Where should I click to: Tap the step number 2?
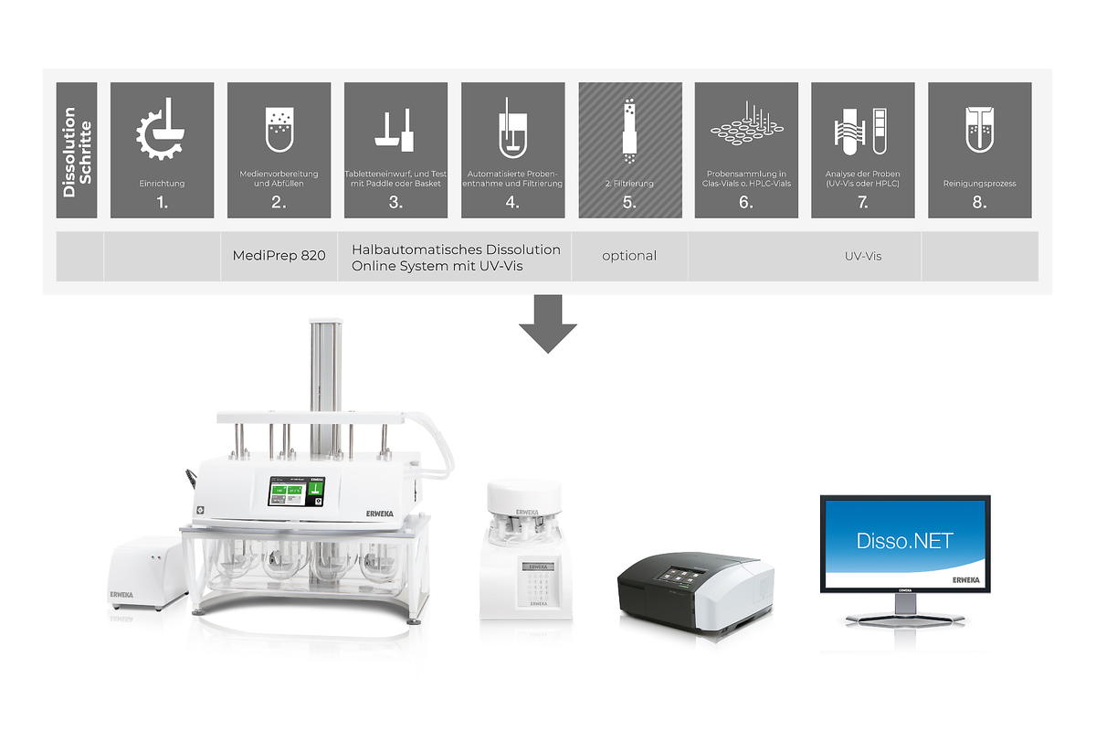(279, 203)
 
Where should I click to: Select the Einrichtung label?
(162, 184)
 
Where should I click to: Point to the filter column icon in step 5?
(629, 128)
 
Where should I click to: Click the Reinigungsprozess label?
(979, 184)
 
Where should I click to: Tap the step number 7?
(863, 203)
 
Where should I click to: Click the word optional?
(629, 256)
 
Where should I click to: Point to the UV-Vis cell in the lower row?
(862, 257)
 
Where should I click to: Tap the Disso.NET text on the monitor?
(904, 540)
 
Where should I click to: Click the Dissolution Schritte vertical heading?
(77, 151)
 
